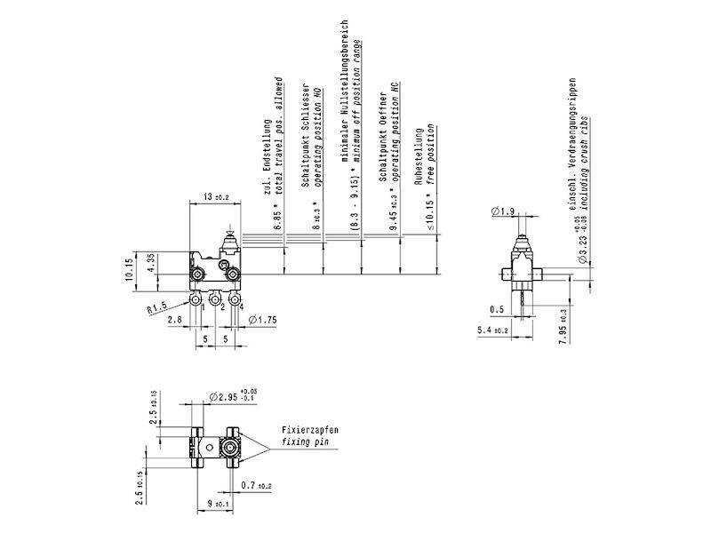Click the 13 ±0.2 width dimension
pos(216,195)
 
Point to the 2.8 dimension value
pos(173,318)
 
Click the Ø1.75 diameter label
pos(263,319)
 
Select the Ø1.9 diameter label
pos(502,211)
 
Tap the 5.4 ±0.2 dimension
pos(492,330)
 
